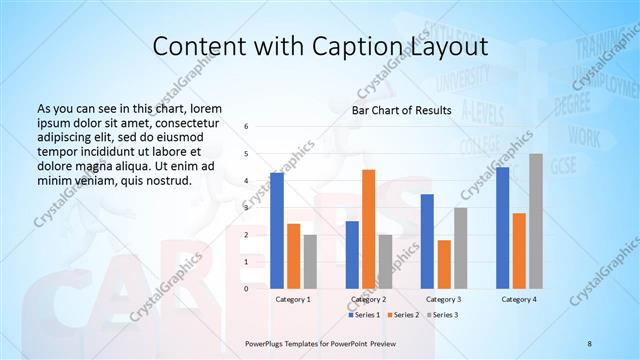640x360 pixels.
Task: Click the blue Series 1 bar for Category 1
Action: point(277,230)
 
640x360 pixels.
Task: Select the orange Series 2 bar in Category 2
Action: point(368,229)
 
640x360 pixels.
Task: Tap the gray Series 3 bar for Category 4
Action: point(536,221)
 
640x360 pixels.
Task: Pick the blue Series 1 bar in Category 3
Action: point(427,241)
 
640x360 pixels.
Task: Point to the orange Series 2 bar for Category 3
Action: point(444,264)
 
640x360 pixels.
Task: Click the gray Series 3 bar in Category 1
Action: point(310,261)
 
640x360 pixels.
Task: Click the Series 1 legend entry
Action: point(366,315)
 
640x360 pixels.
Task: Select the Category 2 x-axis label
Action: point(368,299)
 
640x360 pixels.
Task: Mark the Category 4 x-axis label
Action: point(519,299)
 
